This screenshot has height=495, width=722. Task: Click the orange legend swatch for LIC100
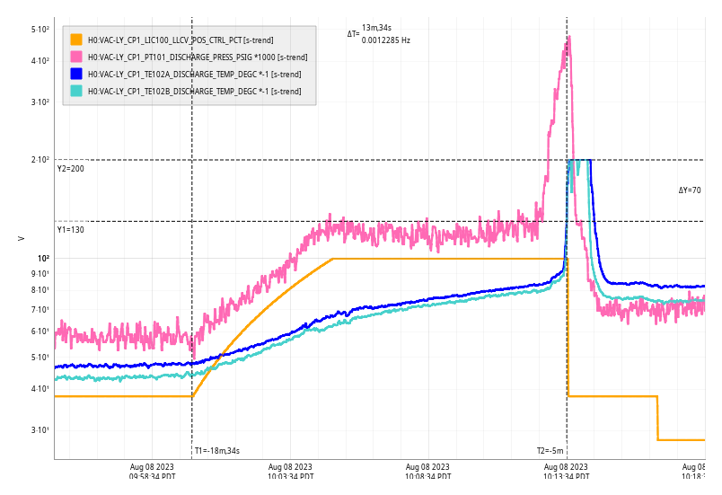point(76,40)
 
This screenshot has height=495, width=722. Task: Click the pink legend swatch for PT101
point(76,57)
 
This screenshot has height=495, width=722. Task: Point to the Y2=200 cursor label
point(71,169)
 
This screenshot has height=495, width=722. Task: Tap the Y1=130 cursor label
point(71,230)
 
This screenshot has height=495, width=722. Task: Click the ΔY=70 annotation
point(690,190)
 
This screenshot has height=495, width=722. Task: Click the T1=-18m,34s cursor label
point(217,451)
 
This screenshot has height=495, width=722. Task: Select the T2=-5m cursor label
point(550,451)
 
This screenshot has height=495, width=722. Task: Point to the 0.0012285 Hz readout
point(386,40)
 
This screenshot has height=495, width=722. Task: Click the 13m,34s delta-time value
point(376,28)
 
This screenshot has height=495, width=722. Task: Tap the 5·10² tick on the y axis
point(40,30)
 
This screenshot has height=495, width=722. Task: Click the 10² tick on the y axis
point(42,259)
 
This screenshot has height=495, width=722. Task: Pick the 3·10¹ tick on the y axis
point(40,430)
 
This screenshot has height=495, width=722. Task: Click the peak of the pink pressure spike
point(568,38)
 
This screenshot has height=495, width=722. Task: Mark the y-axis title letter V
point(22,238)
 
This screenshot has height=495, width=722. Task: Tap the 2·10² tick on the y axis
point(40,160)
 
